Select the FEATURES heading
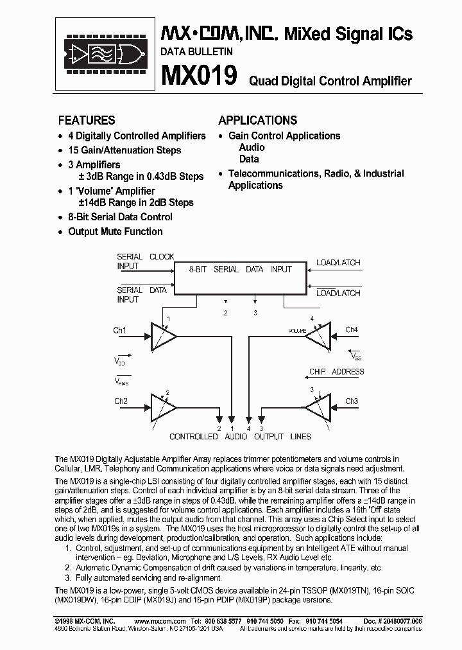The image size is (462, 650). point(87,120)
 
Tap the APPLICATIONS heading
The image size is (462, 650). point(257,120)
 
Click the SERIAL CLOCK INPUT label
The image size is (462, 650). point(145,261)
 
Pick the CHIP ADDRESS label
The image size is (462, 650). point(336,372)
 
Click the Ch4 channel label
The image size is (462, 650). point(351,330)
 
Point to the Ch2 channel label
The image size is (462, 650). point(121,401)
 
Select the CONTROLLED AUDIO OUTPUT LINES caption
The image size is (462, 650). point(240,437)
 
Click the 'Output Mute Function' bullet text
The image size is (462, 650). point(116,231)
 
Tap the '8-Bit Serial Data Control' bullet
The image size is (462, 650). point(120,217)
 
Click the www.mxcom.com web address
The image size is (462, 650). point(160,621)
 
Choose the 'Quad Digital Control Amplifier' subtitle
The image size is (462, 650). point(330,81)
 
